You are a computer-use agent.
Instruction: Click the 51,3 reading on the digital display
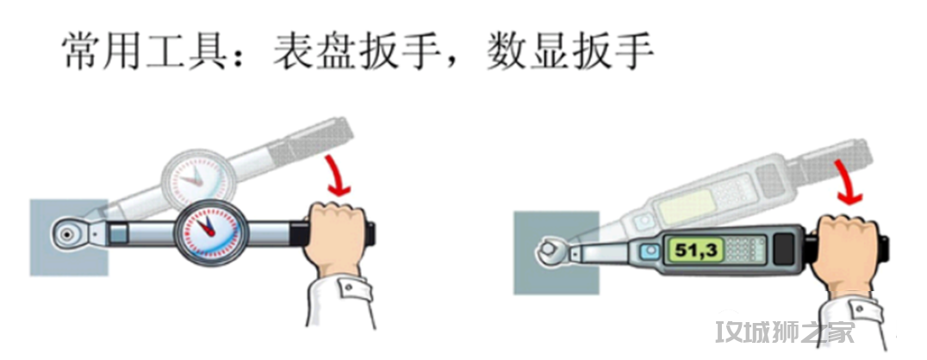[x=696, y=251]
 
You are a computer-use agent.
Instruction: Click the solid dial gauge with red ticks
[x=207, y=233]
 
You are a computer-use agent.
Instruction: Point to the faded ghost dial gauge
[x=193, y=176]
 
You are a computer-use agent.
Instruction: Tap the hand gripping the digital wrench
[x=843, y=251]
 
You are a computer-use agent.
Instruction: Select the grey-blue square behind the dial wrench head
[x=69, y=237]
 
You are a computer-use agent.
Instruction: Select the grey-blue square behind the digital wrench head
[x=556, y=253]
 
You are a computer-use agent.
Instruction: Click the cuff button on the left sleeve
[x=348, y=288]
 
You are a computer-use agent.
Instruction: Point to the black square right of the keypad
[x=784, y=248]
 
